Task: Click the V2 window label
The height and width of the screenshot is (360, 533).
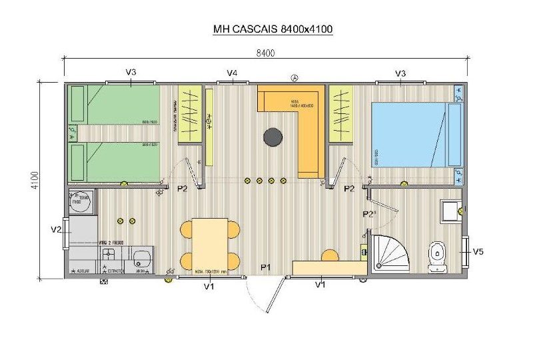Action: tap(57, 229)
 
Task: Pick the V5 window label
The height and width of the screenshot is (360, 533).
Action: tap(478, 251)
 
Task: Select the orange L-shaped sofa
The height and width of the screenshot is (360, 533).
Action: tap(300, 120)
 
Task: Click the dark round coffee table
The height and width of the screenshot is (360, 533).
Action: tap(272, 137)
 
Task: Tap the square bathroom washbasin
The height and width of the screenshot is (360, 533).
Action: tap(450, 210)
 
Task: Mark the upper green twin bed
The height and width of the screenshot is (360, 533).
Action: tap(117, 105)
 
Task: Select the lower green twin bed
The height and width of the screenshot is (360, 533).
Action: tap(117, 162)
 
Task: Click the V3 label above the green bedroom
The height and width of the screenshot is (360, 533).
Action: tap(131, 73)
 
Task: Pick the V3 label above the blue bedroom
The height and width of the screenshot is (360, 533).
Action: tap(400, 73)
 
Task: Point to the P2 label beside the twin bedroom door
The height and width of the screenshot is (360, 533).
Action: tap(182, 189)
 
